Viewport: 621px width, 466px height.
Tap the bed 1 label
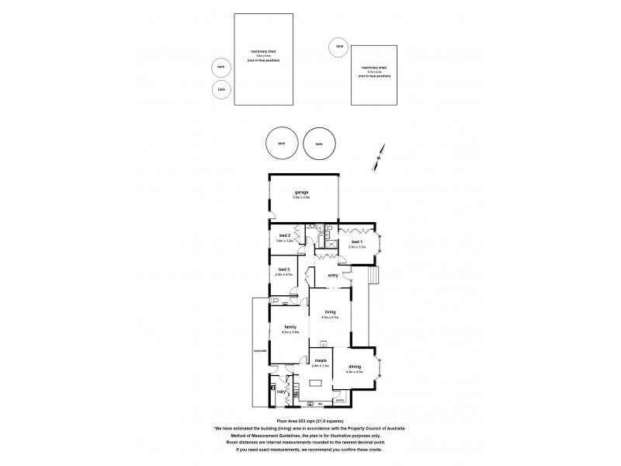coord(357,242)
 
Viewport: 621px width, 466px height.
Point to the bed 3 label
coord(283,269)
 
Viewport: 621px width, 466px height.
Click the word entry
coord(333,275)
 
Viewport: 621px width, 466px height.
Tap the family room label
coord(290,327)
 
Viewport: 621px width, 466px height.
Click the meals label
coord(320,360)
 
